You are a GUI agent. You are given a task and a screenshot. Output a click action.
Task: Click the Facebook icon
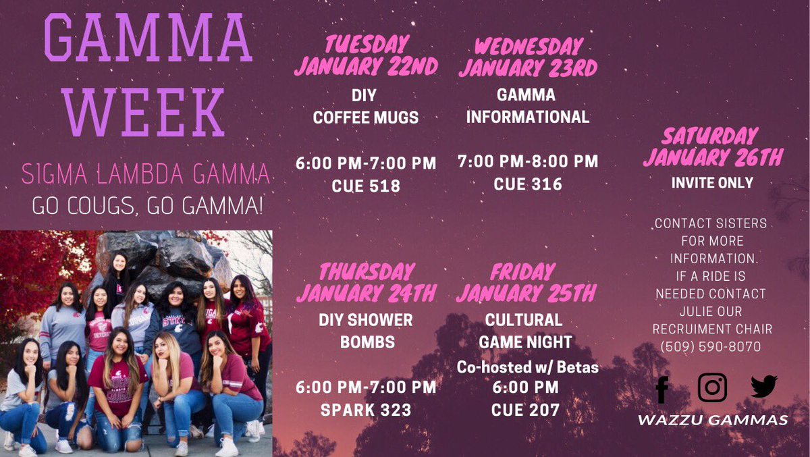[x=661, y=389]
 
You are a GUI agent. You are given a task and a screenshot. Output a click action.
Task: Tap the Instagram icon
[x=712, y=387]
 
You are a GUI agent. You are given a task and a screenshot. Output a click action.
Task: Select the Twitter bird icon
[x=763, y=387]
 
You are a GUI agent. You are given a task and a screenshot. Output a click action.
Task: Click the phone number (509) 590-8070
[x=711, y=347]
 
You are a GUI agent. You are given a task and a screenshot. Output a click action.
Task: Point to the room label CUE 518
[x=366, y=186]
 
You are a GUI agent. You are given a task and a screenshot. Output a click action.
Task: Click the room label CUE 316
[x=527, y=184]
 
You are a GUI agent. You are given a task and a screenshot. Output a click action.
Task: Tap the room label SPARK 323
[x=366, y=410]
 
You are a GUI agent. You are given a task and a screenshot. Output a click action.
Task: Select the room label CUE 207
[x=525, y=410]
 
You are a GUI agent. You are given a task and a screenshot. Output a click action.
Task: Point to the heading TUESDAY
[x=367, y=45]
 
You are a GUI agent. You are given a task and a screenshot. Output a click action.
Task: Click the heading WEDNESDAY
[x=528, y=46]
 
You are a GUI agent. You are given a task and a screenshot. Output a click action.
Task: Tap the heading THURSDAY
[x=367, y=272]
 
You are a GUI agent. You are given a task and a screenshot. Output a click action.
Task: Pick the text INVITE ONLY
[x=712, y=183]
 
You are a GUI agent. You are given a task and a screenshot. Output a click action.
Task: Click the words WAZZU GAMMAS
[x=713, y=421]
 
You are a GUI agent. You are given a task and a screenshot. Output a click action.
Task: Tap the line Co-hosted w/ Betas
[x=527, y=367]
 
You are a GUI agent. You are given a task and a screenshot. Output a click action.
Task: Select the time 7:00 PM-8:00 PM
[x=527, y=162]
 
